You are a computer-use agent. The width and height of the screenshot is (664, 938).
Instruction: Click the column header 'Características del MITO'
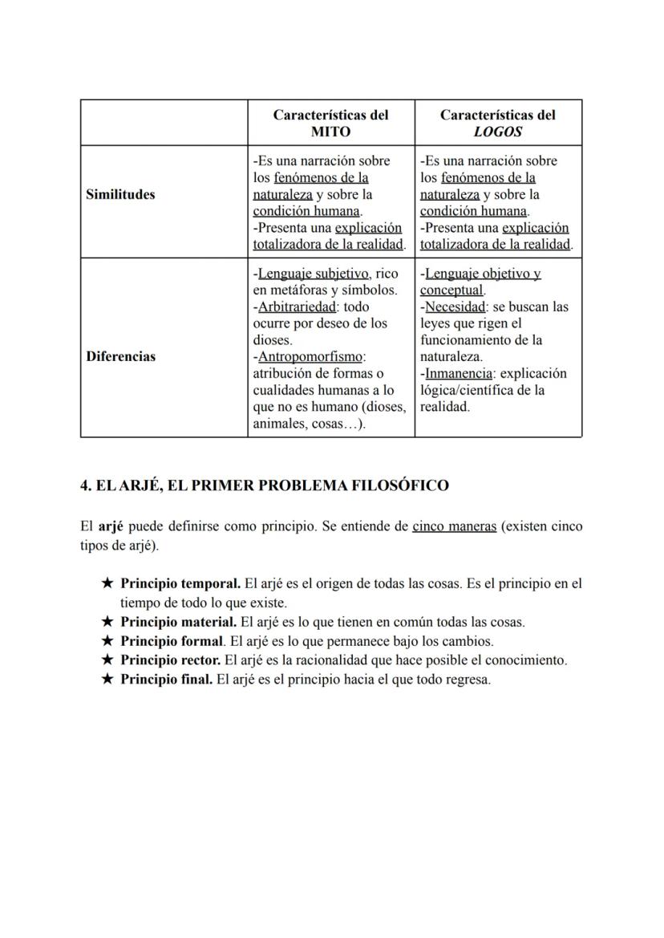330,123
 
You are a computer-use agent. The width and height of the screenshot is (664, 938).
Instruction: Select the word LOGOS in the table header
497,132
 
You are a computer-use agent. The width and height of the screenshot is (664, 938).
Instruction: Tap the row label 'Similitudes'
121,194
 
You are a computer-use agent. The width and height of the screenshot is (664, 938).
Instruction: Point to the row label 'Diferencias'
121,356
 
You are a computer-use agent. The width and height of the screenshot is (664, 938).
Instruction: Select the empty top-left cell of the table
164,123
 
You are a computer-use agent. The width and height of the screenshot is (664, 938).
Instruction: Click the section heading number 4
84,485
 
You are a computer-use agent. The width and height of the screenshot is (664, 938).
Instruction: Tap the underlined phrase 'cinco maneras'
454,527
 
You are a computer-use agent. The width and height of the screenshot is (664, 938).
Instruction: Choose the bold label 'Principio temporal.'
180,583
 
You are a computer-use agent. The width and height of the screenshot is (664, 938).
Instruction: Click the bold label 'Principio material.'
179,622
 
